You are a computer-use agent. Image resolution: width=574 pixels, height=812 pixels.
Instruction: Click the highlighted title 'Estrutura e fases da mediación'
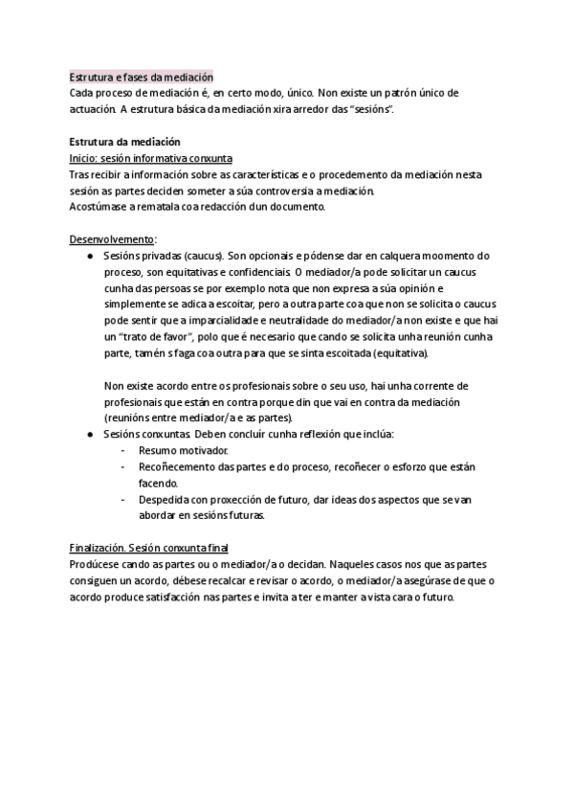[142, 77]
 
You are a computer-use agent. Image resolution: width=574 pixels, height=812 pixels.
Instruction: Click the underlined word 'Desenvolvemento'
[112, 238]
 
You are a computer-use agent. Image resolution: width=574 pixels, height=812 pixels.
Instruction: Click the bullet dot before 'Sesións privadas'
[89, 256]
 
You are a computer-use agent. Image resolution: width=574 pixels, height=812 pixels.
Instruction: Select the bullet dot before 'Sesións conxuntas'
[89, 434]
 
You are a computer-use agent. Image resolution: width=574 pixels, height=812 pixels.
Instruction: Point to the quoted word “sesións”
[369, 109]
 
